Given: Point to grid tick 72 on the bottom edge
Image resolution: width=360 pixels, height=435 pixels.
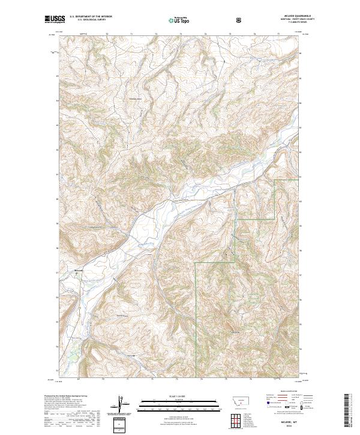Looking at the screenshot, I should click(x=103, y=380).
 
